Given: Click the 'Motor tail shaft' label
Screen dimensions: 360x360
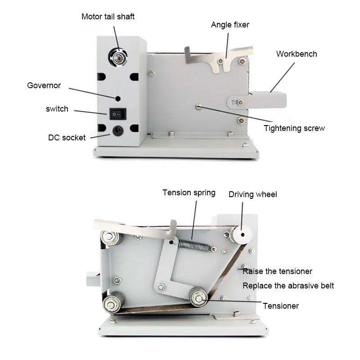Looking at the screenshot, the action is click(108, 17).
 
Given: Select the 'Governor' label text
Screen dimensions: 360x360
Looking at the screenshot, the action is click(44, 85).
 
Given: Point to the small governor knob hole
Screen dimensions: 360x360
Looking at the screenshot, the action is click(118, 98).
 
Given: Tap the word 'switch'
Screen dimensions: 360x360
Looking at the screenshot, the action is click(57, 109).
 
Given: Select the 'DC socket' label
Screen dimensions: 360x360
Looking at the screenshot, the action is click(67, 138).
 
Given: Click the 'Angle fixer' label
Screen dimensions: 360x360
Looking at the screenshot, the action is click(230, 25).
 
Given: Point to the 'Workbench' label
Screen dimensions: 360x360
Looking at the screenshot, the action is click(297, 54).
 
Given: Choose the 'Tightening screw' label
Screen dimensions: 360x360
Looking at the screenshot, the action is click(294, 128).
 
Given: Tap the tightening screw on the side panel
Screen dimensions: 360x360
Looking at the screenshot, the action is click(198, 106).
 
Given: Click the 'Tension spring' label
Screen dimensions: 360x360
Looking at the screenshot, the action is click(189, 193).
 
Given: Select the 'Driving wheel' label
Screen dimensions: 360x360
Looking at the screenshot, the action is click(253, 194).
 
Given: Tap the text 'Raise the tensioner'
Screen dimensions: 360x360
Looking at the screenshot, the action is click(277, 271).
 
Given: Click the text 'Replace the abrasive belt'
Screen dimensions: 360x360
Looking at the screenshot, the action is click(288, 286).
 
